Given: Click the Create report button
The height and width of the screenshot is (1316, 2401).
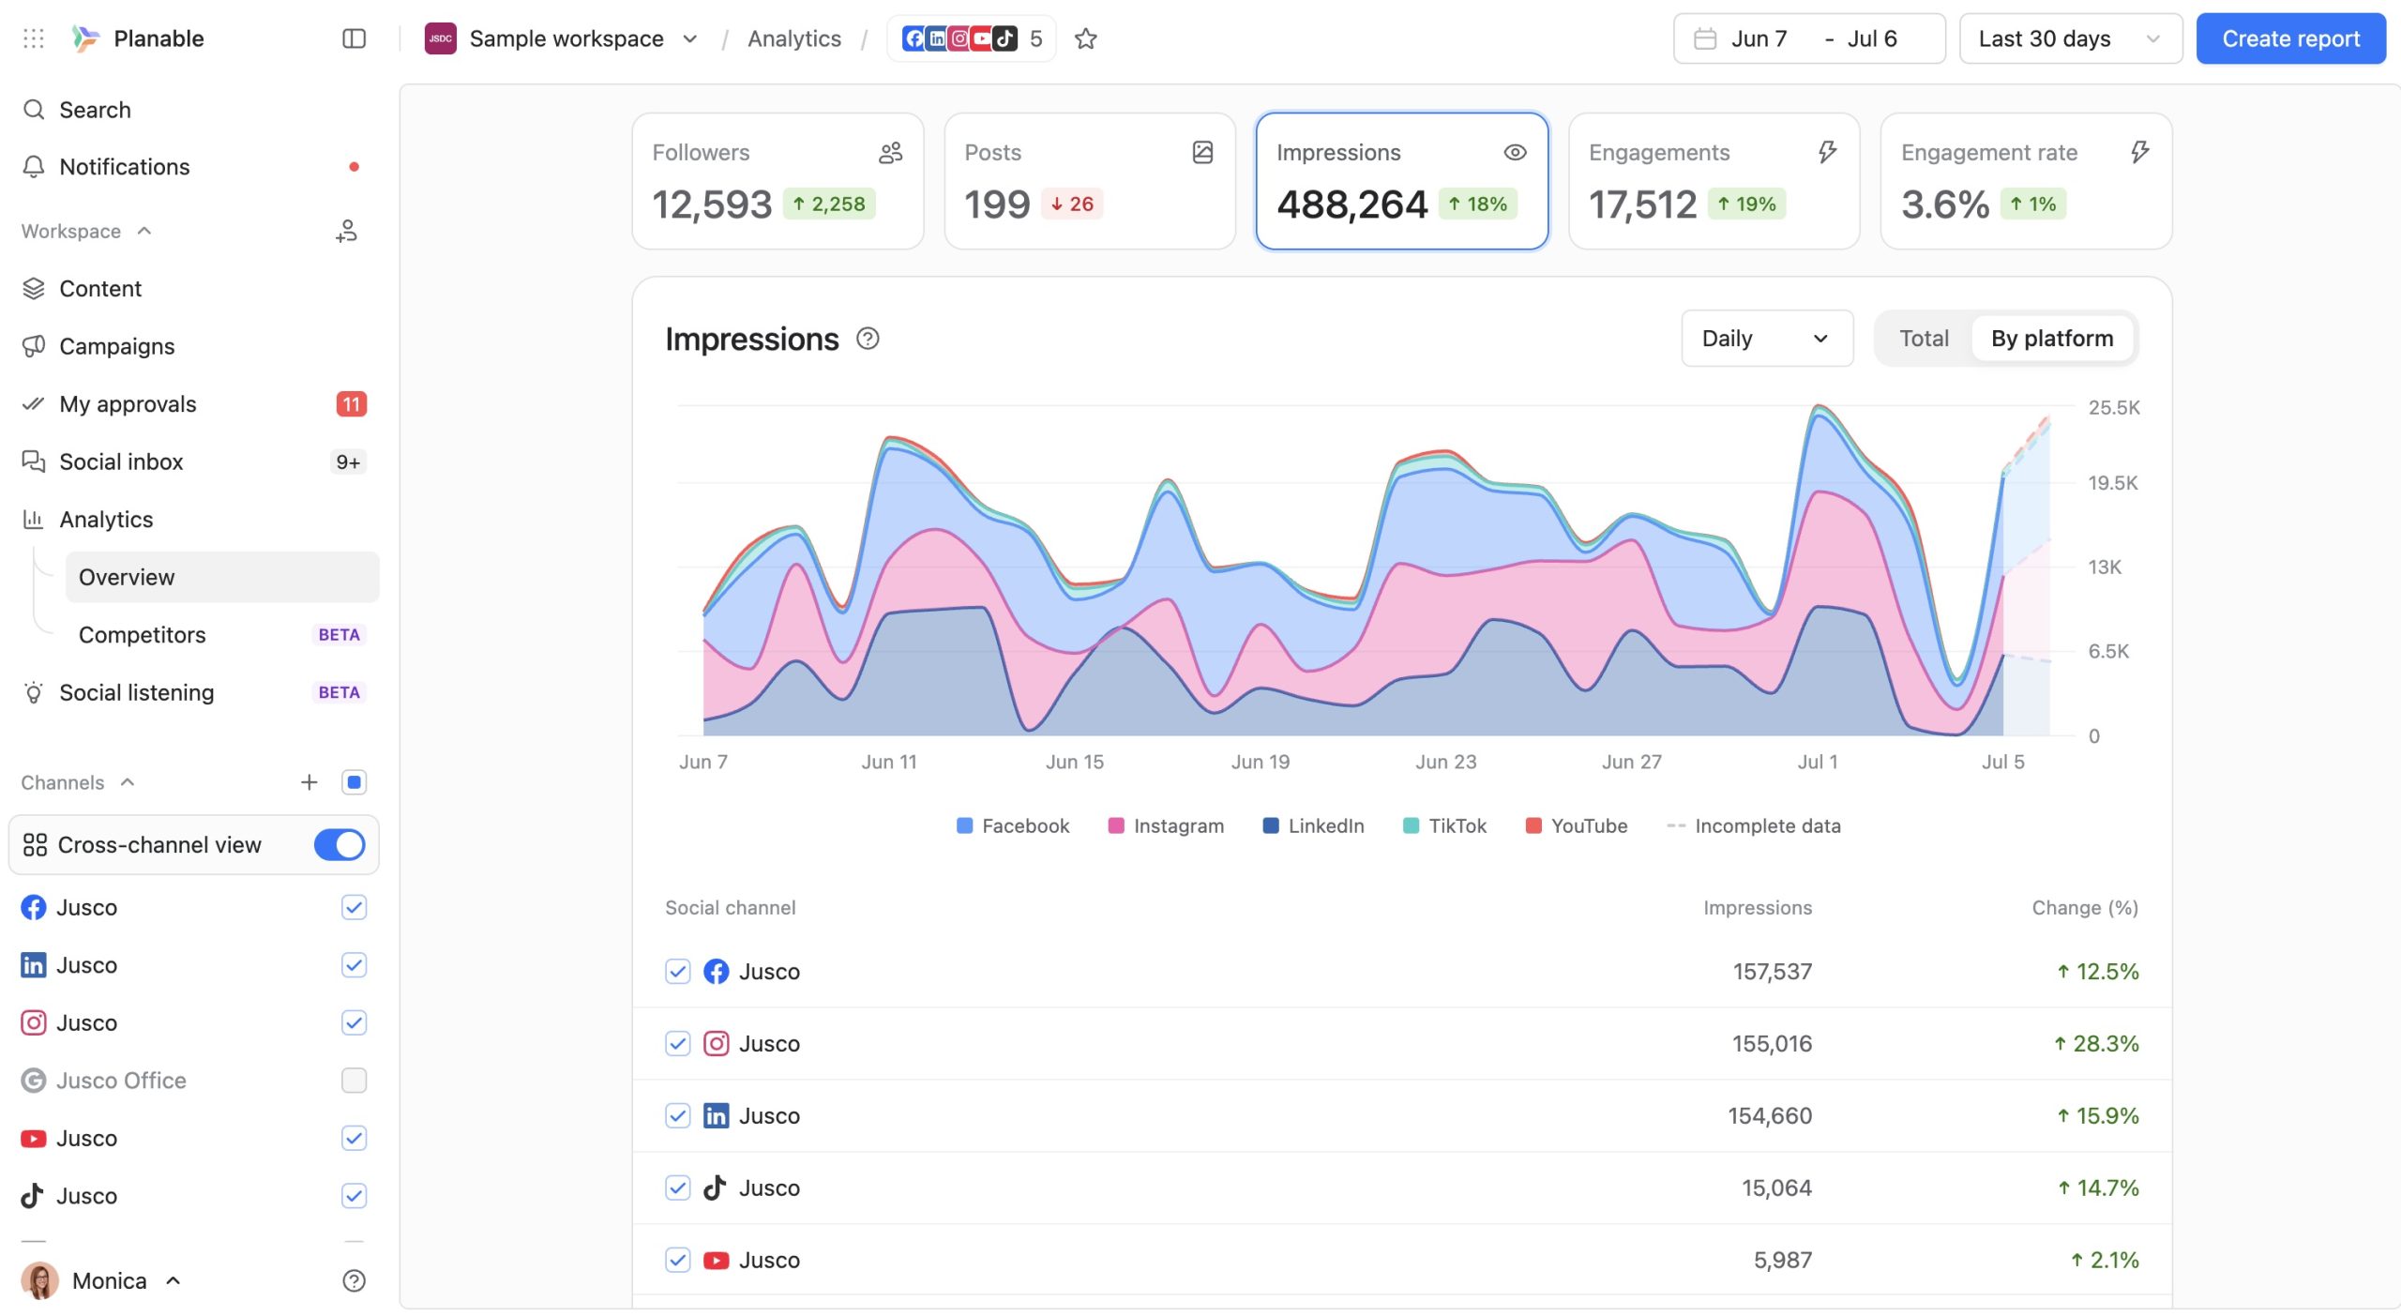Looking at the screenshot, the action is [2290, 38].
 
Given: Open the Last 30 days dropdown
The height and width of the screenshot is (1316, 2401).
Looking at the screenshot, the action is [2070, 38].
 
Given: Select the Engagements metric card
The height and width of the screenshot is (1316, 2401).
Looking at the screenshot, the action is [1714, 181].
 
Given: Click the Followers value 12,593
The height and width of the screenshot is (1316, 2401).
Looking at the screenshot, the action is [712, 204].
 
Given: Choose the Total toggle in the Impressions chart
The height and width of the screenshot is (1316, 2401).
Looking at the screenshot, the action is [1924, 339].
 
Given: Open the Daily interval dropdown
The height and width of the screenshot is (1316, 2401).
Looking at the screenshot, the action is [1767, 339].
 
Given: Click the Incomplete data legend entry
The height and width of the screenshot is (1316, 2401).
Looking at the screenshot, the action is [1753, 825].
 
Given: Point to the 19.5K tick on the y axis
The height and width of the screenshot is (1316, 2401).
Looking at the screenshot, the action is [2113, 483].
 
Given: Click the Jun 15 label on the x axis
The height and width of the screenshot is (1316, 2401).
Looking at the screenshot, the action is [1075, 762].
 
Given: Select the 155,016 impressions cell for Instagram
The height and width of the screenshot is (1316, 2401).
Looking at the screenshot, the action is [1772, 1043].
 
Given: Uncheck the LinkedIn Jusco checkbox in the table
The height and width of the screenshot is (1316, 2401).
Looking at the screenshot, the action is [678, 1115].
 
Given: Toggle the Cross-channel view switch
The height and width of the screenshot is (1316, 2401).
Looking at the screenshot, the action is [340, 844].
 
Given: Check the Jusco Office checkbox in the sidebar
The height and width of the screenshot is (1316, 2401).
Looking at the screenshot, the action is [354, 1081].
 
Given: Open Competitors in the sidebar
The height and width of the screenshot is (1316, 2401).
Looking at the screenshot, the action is [143, 635].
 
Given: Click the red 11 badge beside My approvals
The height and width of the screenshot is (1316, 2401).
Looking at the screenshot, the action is [351, 404].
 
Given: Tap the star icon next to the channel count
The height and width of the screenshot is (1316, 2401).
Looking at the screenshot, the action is [1085, 38].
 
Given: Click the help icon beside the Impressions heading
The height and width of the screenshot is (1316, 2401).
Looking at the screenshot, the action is [868, 339].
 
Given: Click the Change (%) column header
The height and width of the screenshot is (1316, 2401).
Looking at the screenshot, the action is [2085, 907].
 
